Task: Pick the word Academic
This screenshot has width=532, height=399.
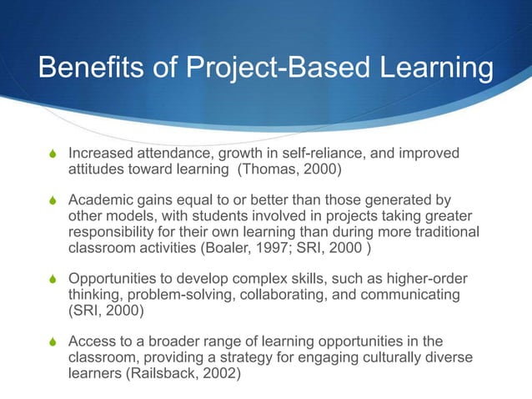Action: click(99, 199)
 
